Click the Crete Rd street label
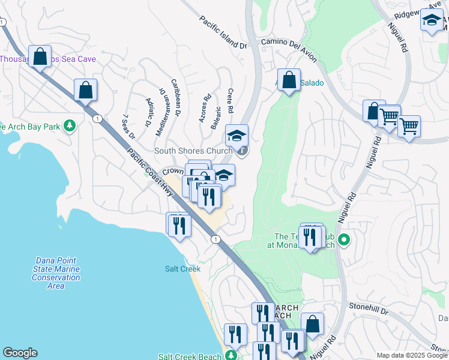pos(230,103)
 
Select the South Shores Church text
pos(193,151)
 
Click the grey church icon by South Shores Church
pos(242,151)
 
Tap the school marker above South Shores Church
pos(237,134)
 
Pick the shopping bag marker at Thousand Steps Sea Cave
pos(40,56)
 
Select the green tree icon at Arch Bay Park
pos(71,125)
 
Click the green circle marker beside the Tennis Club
pos(344,241)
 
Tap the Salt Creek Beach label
pos(190,356)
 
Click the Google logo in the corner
pos(20,353)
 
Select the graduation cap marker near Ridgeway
pos(431,20)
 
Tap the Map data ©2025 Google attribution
pos(412,355)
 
